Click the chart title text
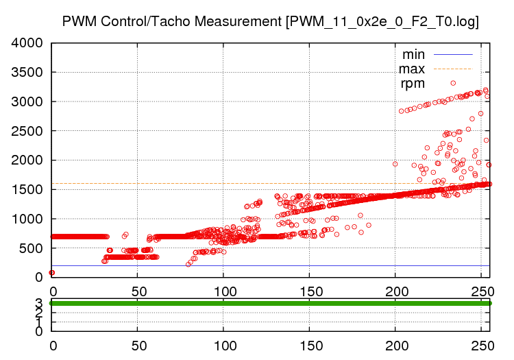click(x=270, y=21)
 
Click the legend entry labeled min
click(x=413, y=54)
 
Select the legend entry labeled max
click(x=412, y=69)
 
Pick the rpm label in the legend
click(x=413, y=83)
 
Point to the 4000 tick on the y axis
click(x=27, y=43)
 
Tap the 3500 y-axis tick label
click(x=27, y=73)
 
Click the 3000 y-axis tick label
click(x=27, y=102)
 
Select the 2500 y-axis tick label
click(x=27, y=131)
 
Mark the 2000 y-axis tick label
click(x=27, y=160)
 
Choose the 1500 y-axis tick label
click(x=27, y=190)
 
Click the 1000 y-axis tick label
click(x=27, y=219)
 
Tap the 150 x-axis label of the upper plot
click(x=309, y=291)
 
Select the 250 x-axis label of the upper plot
click(x=481, y=291)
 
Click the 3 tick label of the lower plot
click(x=39, y=302)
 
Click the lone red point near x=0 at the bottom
click(x=52, y=272)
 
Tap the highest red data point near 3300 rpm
click(x=453, y=83)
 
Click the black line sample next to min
click(x=452, y=54)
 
